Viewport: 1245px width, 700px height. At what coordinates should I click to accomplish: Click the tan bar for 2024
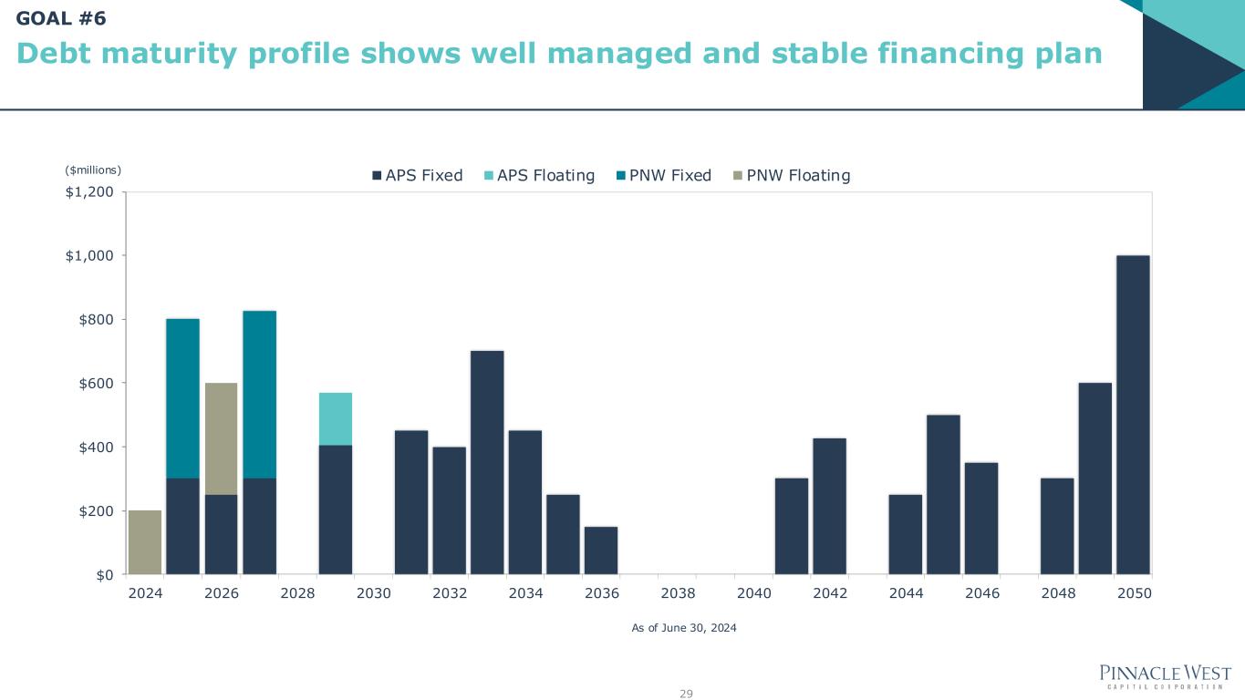point(145,542)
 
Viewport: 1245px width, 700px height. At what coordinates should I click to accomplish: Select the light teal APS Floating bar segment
point(335,418)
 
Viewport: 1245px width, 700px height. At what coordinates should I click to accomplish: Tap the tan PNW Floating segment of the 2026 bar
point(221,438)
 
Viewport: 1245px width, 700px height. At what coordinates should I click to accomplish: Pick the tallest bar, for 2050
point(1133,415)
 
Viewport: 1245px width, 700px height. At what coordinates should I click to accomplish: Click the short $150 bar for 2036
point(601,551)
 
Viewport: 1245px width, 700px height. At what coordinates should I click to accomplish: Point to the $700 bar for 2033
point(487,462)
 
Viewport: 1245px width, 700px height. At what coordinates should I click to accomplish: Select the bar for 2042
point(829,506)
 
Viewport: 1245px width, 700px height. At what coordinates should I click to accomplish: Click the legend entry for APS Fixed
point(417,176)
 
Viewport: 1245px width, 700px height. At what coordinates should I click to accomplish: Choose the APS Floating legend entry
point(539,176)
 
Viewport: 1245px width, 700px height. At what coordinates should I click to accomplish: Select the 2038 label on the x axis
point(678,593)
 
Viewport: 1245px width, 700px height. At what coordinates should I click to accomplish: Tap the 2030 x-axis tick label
point(374,593)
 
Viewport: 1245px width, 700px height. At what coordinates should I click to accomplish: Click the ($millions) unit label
point(93,170)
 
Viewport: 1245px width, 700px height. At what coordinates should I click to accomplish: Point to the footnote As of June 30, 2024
point(684,629)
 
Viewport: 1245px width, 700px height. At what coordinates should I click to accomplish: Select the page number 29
point(686,695)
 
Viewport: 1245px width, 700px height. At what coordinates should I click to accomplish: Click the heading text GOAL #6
point(61,17)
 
